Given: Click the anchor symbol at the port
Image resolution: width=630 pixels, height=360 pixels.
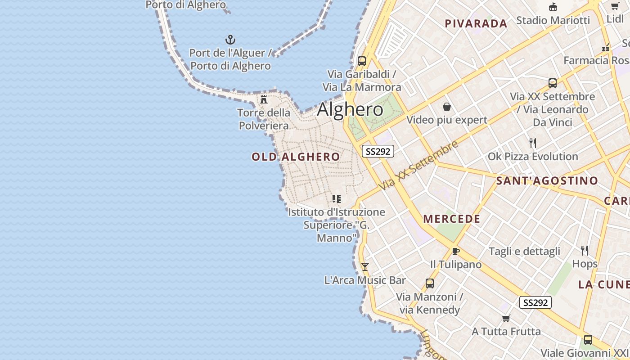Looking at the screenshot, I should point(230,40).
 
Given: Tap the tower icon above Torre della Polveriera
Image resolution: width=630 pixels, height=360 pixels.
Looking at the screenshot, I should point(264,99).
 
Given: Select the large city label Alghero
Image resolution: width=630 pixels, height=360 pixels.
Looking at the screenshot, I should point(350,110).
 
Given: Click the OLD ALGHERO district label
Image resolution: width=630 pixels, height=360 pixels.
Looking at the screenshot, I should point(296,157).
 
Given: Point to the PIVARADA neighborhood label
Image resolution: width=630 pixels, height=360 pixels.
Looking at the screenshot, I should point(476,24).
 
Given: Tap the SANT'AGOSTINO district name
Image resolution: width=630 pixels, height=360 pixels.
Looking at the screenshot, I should point(547,181).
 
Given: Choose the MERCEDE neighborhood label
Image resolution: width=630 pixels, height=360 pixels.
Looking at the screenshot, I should point(452,219).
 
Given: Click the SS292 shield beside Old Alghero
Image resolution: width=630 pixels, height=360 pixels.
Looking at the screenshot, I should point(378,151).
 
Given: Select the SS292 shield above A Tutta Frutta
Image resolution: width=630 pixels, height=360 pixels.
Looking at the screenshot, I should point(535,302).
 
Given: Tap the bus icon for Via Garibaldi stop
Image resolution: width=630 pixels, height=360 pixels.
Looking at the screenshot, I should point(361,61).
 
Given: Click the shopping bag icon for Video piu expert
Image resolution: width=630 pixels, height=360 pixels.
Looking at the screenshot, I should point(447,107).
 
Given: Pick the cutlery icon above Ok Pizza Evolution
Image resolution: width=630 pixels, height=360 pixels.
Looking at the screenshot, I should point(533,143).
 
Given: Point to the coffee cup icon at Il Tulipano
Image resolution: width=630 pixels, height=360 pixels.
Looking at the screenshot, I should point(455,251).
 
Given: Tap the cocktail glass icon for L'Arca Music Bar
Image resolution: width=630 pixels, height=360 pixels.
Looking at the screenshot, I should point(365,267).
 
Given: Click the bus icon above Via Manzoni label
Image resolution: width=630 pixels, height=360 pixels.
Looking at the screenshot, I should point(430,283).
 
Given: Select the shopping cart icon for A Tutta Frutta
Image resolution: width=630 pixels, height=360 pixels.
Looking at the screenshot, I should point(506,319).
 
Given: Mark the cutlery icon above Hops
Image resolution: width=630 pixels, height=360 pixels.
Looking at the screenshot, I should point(585,250).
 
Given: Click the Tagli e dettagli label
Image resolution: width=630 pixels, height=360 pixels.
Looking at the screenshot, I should point(524,252).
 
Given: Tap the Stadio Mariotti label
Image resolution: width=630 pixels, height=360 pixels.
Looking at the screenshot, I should point(553,20).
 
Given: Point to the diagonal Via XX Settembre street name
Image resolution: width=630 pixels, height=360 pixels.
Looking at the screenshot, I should point(418,165).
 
